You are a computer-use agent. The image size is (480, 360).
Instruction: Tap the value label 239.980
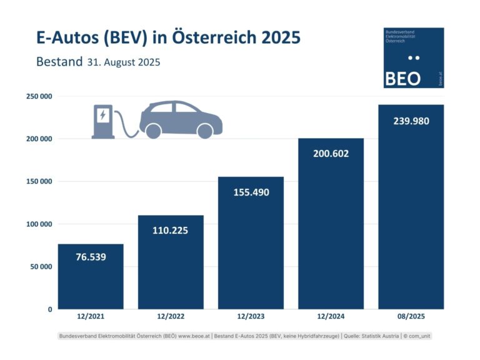coord(411,121)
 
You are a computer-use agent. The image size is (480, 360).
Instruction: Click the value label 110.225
coord(170,230)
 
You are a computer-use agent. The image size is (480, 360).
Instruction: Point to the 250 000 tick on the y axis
coord(39,96)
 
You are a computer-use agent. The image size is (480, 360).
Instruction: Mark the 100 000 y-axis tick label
coord(39,224)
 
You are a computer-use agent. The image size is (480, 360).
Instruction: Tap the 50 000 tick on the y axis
coord(41,266)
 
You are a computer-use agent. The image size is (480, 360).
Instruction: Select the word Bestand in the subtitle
coord(59,62)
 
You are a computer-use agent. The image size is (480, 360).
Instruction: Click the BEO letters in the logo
coord(402,79)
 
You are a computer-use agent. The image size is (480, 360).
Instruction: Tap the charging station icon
coord(103,121)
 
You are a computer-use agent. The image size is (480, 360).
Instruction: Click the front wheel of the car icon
coord(204,131)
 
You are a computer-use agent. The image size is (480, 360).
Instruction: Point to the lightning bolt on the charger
coord(102,114)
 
